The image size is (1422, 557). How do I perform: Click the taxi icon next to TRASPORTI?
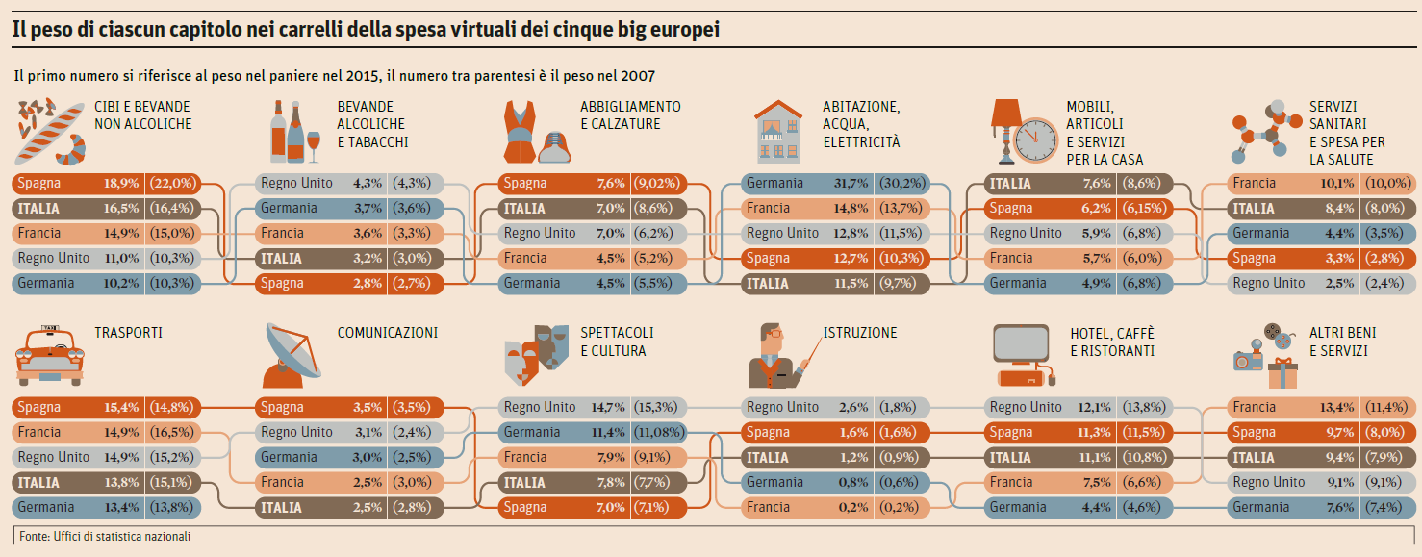click(49, 356)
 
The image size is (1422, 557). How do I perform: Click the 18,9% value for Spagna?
click(121, 184)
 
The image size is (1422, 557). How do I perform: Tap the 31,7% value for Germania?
click(851, 184)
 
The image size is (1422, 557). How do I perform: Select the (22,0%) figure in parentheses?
click(173, 184)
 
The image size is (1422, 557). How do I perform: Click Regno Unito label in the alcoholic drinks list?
click(296, 184)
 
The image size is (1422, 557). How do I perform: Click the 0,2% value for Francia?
click(851, 508)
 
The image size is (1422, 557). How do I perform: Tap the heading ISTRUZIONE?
click(860, 333)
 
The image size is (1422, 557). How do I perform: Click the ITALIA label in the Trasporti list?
click(38, 483)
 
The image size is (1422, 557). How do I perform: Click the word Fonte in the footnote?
click(34, 536)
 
